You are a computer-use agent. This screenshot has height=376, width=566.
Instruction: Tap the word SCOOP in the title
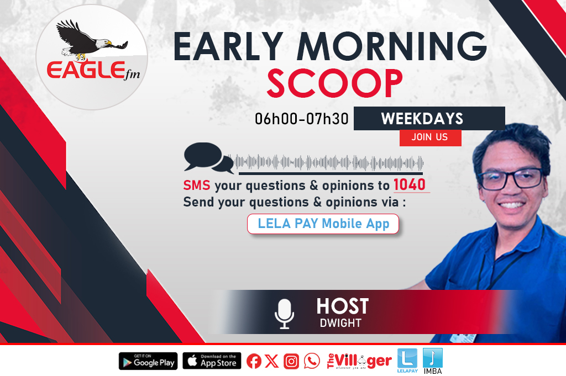pos(334,83)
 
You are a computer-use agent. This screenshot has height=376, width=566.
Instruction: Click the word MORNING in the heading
pos(392,46)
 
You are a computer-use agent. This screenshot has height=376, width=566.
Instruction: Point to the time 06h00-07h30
pos(302,119)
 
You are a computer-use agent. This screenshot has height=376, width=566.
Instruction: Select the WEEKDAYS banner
pos(429,118)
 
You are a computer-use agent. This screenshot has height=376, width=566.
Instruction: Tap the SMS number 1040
pos(410,184)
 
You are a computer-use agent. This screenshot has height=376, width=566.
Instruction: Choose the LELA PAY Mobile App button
pos(323,224)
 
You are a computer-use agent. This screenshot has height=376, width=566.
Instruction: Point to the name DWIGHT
pos(340,323)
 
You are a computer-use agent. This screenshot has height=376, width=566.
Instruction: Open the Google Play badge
pos(148,361)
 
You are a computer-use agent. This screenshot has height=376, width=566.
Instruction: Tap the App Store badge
pos(212,361)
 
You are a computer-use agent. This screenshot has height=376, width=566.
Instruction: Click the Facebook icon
pos(254,361)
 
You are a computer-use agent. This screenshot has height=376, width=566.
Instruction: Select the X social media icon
pos(271,361)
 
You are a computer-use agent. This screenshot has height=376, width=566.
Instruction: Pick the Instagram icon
pos(291,361)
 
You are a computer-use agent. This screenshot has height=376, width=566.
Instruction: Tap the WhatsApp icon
pos(312,361)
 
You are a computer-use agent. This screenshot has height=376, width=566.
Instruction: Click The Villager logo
pos(359,361)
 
